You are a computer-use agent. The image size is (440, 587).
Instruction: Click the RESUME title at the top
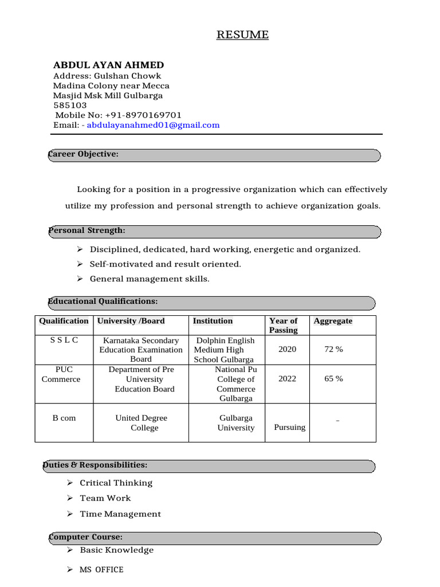(242, 35)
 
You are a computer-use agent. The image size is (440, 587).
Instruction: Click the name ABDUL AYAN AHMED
(108, 65)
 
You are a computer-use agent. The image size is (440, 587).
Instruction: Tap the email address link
(153, 125)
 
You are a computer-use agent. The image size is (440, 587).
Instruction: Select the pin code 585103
(70, 105)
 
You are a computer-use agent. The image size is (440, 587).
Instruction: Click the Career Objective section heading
(84, 154)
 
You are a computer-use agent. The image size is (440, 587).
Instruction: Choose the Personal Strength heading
(87, 230)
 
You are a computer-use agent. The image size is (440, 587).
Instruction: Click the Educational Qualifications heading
(103, 302)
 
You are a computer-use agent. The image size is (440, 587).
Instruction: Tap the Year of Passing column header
(284, 325)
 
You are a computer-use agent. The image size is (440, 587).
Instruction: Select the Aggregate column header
(333, 321)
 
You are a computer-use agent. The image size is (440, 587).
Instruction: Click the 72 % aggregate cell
(333, 349)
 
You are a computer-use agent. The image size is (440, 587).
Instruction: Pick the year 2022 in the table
(287, 379)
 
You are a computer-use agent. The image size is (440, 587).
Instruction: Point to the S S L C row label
(64, 340)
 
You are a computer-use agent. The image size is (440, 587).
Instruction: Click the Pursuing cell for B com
(289, 427)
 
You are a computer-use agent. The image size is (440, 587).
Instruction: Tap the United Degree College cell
(141, 422)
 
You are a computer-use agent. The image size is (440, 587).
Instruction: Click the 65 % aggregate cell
(333, 379)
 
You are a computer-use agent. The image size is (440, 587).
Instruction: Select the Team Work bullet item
(105, 498)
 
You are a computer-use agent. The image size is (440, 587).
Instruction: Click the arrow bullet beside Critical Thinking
(69, 483)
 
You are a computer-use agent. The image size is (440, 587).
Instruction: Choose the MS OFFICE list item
(101, 569)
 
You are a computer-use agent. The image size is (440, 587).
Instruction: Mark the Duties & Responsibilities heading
(95, 465)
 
